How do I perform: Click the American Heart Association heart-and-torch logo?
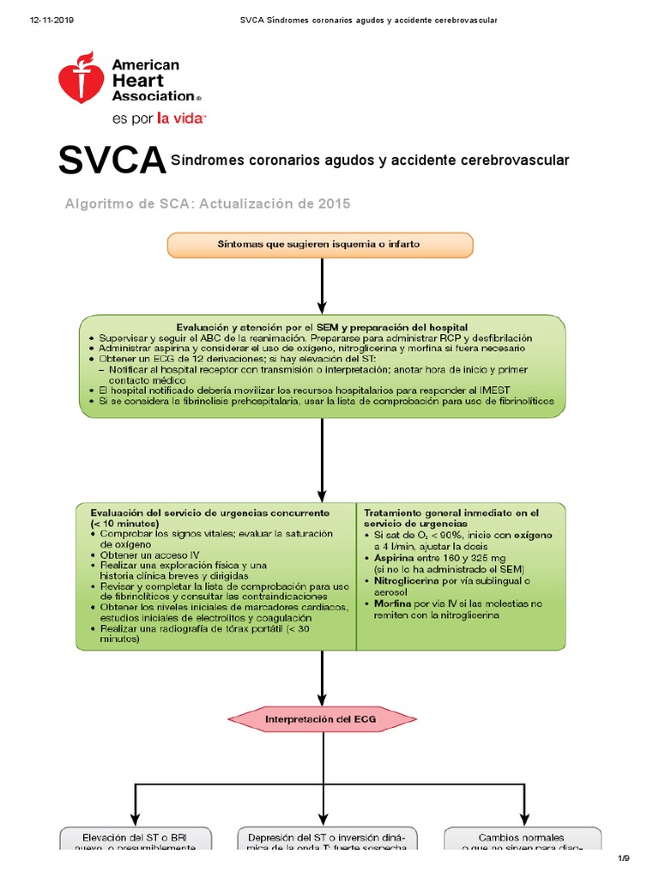click(81, 78)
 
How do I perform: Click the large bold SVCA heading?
click(112, 161)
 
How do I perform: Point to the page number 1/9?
click(624, 858)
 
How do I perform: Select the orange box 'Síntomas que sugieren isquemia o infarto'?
click(319, 245)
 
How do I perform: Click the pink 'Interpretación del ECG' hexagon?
click(320, 718)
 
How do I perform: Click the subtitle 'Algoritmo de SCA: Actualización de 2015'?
click(209, 203)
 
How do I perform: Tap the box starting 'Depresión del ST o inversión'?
click(320, 840)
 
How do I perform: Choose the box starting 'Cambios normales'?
click(522, 840)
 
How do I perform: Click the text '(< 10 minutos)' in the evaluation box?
click(124, 523)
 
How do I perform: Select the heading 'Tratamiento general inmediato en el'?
click(450, 512)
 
